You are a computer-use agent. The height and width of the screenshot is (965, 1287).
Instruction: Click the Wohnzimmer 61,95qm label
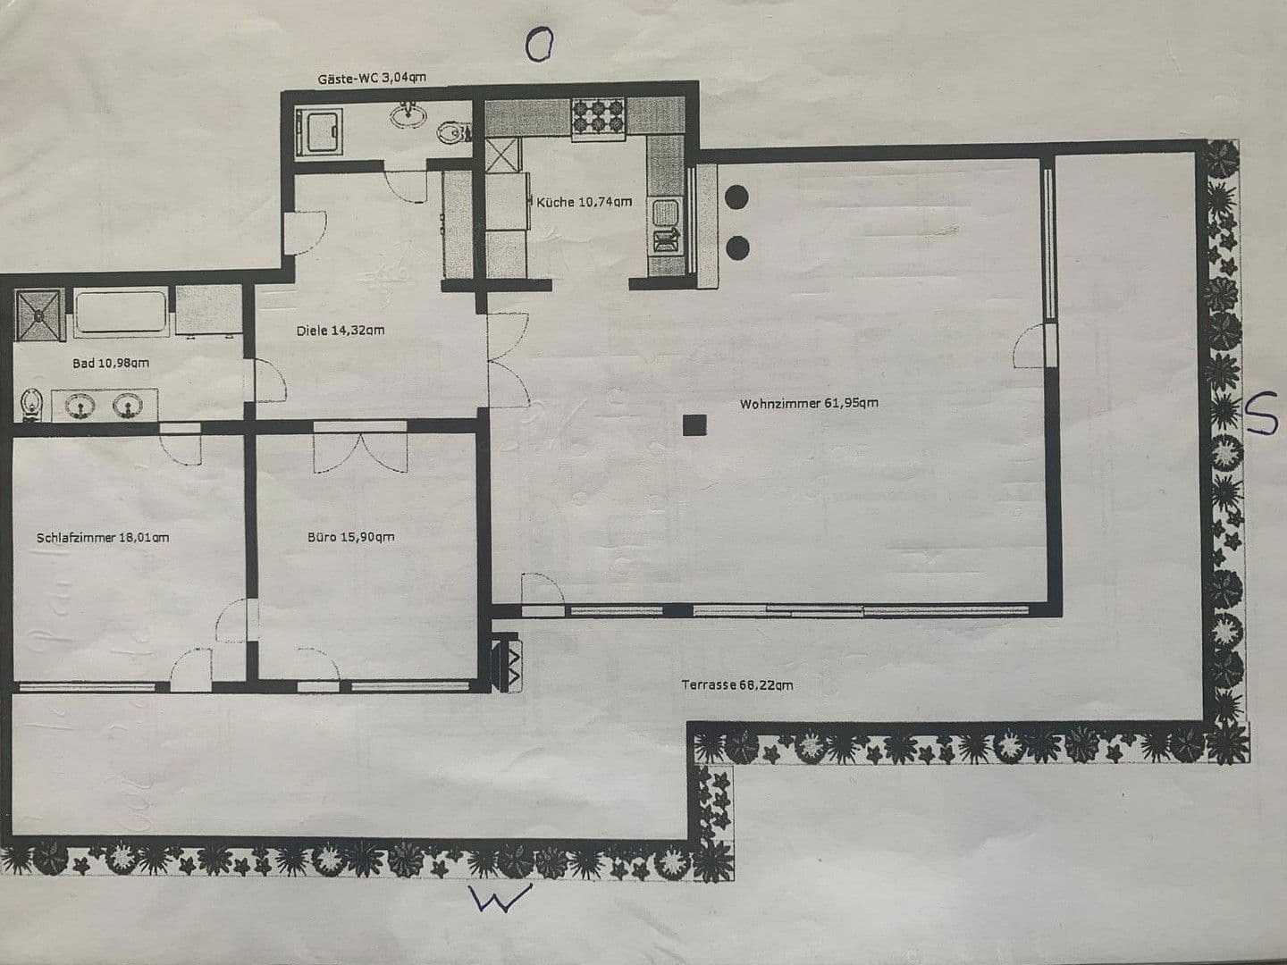(x=808, y=403)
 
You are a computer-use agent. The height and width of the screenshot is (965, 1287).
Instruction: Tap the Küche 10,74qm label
(x=584, y=202)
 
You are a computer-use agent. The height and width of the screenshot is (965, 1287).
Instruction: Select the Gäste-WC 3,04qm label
(x=372, y=78)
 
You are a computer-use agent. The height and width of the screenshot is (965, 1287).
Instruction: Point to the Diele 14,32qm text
(x=341, y=330)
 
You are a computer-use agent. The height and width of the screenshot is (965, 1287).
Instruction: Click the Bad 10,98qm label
(x=111, y=363)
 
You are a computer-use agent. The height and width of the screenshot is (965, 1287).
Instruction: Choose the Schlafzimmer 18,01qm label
(x=103, y=537)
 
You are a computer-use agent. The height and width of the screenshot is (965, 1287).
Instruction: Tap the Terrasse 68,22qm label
(x=736, y=685)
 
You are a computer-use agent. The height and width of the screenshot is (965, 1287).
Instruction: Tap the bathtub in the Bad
(x=121, y=313)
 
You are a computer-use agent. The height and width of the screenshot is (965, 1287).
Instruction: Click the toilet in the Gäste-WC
(x=453, y=134)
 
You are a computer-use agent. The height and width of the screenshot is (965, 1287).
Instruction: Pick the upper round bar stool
(x=739, y=197)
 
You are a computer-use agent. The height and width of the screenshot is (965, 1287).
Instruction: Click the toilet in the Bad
(x=33, y=405)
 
